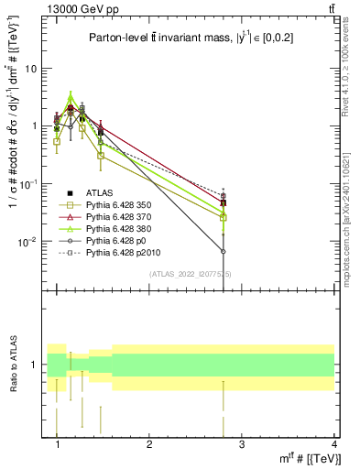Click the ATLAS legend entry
click(100, 191)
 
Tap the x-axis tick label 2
click(149, 444)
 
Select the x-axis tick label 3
click(242, 444)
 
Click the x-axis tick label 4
click(333, 444)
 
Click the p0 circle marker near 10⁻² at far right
click(224, 251)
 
